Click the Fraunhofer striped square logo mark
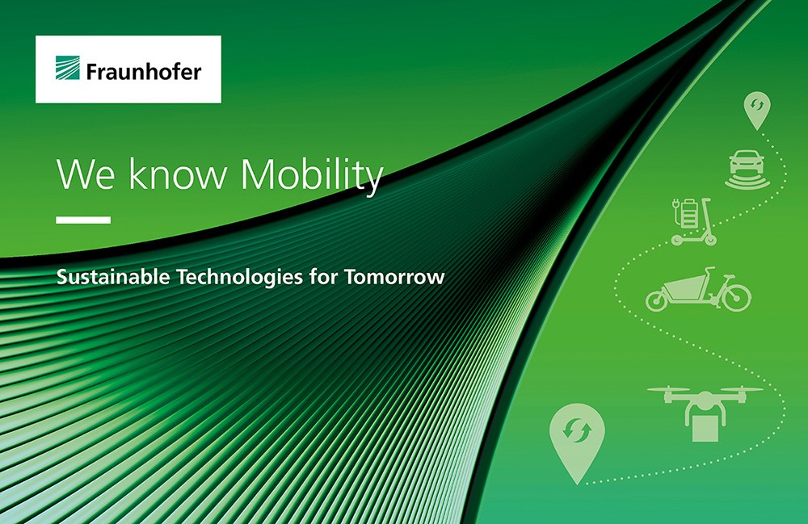68,68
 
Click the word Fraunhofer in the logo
144,71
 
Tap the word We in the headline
86,174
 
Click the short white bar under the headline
83,220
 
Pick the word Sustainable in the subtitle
113,276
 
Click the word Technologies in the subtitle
240,278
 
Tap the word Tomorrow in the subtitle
395,277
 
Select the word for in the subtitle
324,276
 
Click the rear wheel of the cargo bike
736,297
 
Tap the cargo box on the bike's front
682,286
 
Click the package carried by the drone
705,428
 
